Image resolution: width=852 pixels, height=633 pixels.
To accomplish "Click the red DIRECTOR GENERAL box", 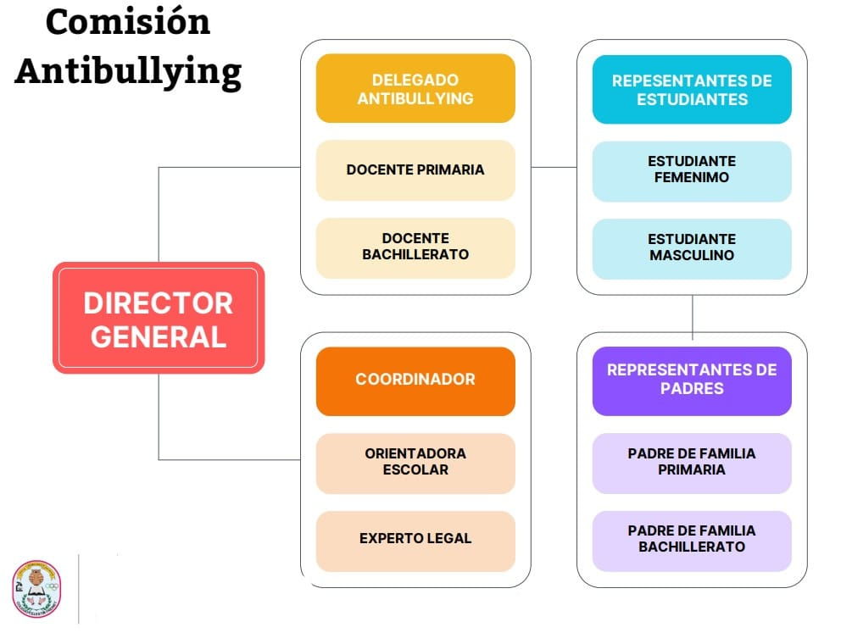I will pyautogui.click(x=159, y=318).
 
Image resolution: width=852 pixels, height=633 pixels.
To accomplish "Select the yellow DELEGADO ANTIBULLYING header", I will pyautogui.click(x=415, y=89).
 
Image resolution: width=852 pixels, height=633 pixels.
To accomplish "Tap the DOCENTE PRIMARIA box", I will pyautogui.click(x=415, y=170).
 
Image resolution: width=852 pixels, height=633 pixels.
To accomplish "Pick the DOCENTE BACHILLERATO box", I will pyautogui.click(x=415, y=247).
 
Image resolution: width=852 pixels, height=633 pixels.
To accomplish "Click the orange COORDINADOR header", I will pyautogui.click(x=415, y=380).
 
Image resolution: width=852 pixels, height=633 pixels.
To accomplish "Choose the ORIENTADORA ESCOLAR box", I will pyautogui.click(x=415, y=463).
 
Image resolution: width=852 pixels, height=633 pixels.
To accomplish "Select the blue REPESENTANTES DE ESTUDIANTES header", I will pyautogui.click(x=692, y=90).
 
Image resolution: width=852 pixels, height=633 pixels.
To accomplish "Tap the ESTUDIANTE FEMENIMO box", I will pyautogui.click(x=692, y=170).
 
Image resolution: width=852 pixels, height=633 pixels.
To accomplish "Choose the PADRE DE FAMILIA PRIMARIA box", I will pyautogui.click(x=692, y=463).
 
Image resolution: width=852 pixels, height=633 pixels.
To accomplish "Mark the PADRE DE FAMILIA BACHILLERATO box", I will pyautogui.click(x=692, y=540).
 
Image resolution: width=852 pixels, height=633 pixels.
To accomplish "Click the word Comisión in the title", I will pyautogui.click(x=127, y=23).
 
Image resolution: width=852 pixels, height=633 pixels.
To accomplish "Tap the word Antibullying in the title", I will pyautogui.click(x=127, y=71).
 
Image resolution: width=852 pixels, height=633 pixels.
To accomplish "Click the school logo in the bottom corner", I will pyautogui.click(x=36, y=587).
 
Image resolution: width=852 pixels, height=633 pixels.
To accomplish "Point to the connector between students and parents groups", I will pyautogui.click(x=693, y=315).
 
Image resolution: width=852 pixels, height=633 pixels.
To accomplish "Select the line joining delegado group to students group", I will pyautogui.click(x=554, y=167).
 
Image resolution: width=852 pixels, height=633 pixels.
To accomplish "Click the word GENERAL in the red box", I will pyautogui.click(x=159, y=337).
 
